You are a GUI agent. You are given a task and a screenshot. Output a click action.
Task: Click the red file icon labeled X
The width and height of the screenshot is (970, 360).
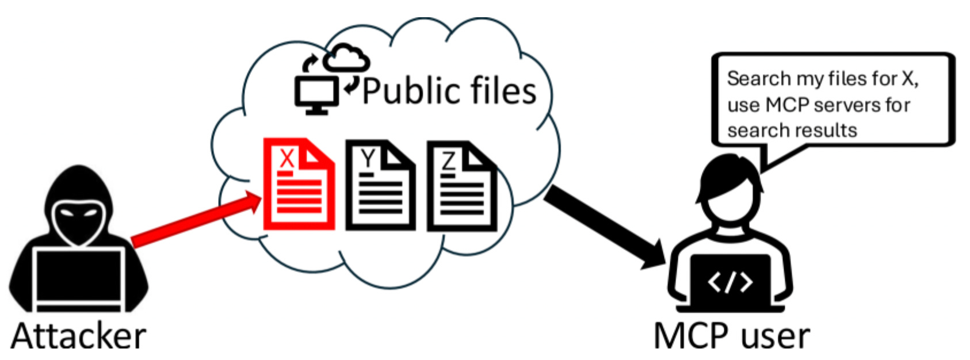click(x=298, y=184)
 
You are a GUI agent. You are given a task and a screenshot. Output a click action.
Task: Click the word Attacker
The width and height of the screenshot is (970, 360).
click(x=78, y=336)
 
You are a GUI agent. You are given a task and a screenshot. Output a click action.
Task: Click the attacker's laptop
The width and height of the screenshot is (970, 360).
click(x=79, y=276)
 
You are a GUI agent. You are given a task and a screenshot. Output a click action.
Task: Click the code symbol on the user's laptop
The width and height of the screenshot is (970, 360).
click(x=730, y=282)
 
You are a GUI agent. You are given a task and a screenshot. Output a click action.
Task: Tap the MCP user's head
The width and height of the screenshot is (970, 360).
click(x=730, y=184)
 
